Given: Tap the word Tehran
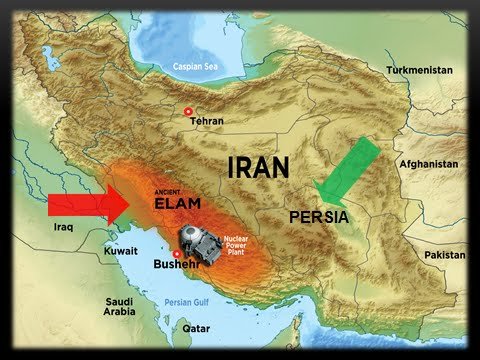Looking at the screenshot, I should pyautogui.click(x=207, y=120).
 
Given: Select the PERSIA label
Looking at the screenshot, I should pyautogui.click(x=318, y=216).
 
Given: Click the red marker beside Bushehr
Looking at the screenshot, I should pyautogui.click(x=176, y=254).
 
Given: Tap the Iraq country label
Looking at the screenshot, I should pyautogui.click(x=63, y=228).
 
